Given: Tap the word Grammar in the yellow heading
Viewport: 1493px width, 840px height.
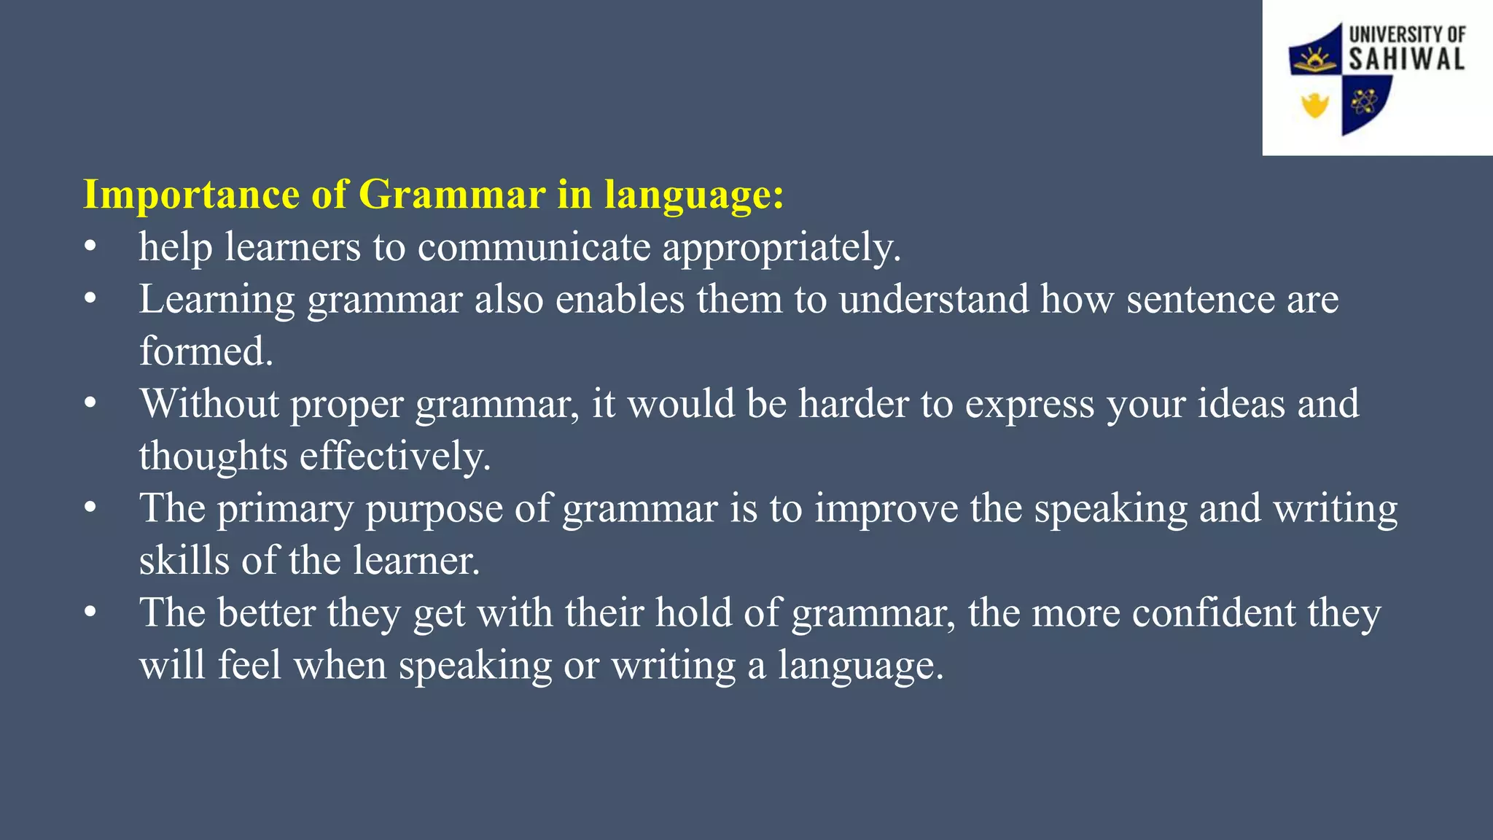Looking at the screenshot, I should [452, 195].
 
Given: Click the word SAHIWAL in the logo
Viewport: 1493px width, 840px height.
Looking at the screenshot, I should [1406, 60].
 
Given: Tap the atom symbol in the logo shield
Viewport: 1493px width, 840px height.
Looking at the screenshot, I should [1363, 103].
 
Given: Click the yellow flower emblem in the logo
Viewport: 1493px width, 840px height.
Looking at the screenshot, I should [1315, 106].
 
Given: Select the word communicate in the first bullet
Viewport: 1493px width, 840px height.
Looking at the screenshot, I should [534, 246].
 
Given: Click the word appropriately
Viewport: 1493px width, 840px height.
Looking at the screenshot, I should [781, 248].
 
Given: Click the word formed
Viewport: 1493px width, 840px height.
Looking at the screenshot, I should [206, 351].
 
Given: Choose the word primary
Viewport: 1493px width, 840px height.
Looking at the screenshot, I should [285, 509].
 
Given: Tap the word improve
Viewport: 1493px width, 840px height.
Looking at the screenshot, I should [886, 508].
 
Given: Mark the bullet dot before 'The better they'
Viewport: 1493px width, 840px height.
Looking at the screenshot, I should [90, 613].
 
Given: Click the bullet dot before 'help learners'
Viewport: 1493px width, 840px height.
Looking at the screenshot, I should [90, 247].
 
